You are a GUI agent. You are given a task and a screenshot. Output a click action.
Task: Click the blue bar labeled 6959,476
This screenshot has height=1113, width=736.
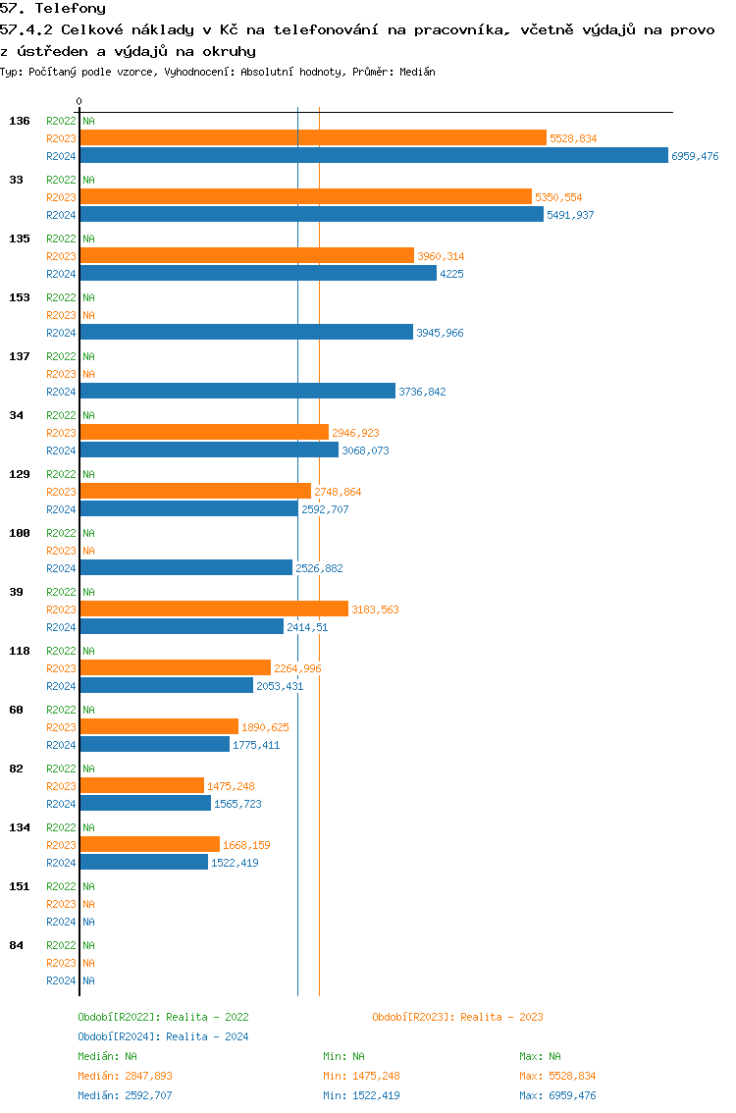click(x=374, y=156)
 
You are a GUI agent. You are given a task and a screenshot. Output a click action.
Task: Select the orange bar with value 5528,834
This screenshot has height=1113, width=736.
click(x=313, y=138)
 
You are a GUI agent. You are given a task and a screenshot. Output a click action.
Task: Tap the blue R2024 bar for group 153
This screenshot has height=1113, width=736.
click(x=246, y=333)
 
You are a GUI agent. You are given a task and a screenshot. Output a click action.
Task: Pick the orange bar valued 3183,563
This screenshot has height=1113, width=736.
click(x=214, y=609)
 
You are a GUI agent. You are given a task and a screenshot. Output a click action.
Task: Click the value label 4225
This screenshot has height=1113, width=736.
click(x=451, y=274)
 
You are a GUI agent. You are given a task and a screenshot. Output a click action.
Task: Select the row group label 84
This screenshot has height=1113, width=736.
click(x=16, y=945)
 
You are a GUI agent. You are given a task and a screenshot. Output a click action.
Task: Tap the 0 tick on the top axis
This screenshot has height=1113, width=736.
click(x=79, y=101)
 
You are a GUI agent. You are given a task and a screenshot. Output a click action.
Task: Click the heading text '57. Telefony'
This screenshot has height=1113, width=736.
click(x=53, y=9)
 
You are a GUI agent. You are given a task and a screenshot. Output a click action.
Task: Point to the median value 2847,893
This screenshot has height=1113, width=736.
click(x=148, y=1076)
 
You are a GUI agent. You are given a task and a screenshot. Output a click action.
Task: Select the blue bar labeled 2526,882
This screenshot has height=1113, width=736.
click(x=186, y=568)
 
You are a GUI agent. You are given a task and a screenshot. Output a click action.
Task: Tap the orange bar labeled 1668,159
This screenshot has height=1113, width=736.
click(x=149, y=845)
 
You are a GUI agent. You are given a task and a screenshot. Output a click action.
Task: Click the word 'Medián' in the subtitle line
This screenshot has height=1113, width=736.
click(x=418, y=72)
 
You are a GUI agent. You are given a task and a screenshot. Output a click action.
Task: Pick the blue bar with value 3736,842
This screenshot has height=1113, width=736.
click(x=237, y=392)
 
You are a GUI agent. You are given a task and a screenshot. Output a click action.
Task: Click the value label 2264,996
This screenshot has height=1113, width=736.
click(x=297, y=668)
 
